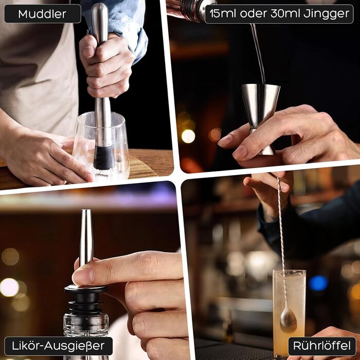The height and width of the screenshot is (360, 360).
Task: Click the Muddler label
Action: pos(43,14)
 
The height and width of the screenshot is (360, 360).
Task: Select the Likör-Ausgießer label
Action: pos(58,346)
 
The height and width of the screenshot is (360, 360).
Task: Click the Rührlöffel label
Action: pos(322,346)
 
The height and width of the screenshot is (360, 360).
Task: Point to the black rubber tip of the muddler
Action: pos(104,157)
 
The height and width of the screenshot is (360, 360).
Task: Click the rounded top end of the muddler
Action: pos(100,8)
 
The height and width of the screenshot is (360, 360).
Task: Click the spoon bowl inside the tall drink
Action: pos(289,320)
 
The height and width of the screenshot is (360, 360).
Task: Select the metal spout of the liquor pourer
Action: pos(86,237)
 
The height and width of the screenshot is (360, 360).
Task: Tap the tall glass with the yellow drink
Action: pos(289,313)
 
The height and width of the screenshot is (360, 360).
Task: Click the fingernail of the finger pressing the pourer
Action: pos(83,276)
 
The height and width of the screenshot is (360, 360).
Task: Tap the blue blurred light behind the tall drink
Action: pos(318,283)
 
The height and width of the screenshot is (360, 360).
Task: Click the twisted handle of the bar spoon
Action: pos(281,241)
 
